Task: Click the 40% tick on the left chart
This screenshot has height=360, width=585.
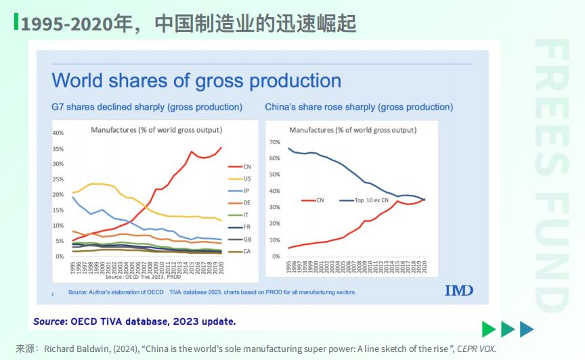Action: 58,133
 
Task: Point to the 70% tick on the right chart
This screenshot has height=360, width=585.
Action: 274,142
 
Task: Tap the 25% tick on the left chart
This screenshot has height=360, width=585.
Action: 58,180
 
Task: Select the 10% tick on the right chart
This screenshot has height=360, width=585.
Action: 274,240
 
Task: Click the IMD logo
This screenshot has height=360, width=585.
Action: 458,290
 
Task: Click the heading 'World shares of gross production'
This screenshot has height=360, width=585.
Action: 196,81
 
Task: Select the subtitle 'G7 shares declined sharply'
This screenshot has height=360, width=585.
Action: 147,107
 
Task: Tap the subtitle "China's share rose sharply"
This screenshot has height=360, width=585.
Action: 359,107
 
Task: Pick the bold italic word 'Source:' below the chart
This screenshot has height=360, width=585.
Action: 50,321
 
